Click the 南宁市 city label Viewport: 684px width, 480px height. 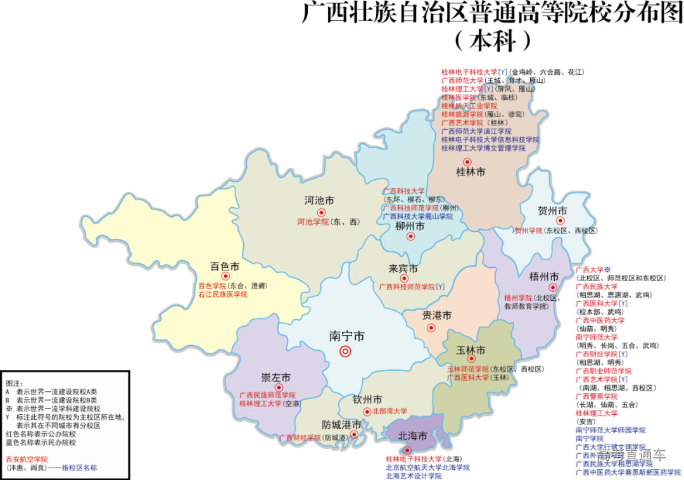click(x=346, y=336)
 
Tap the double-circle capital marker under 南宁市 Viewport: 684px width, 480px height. click(x=346, y=351)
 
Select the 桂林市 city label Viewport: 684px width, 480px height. click(x=471, y=172)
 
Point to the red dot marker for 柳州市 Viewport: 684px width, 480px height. click(x=410, y=237)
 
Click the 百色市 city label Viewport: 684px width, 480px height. click(x=225, y=266)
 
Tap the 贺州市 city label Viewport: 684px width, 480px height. click(x=552, y=210)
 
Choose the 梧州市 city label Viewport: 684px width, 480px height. click(x=544, y=277)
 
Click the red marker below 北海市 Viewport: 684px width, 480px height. click(x=407, y=450)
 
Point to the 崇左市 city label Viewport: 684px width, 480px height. click(x=276, y=378)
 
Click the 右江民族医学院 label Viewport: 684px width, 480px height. click(x=222, y=294)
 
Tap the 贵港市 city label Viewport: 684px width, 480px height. click(x=437, y=315)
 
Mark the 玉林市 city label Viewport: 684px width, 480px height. click(x=471, y=350)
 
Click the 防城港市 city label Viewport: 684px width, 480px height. click(x=341, y=424)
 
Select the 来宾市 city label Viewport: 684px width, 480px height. click(x=403, y=269)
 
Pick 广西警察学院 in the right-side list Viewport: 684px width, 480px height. click(x=596, y=396)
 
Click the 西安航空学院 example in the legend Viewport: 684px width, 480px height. click(x=27, y=459)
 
